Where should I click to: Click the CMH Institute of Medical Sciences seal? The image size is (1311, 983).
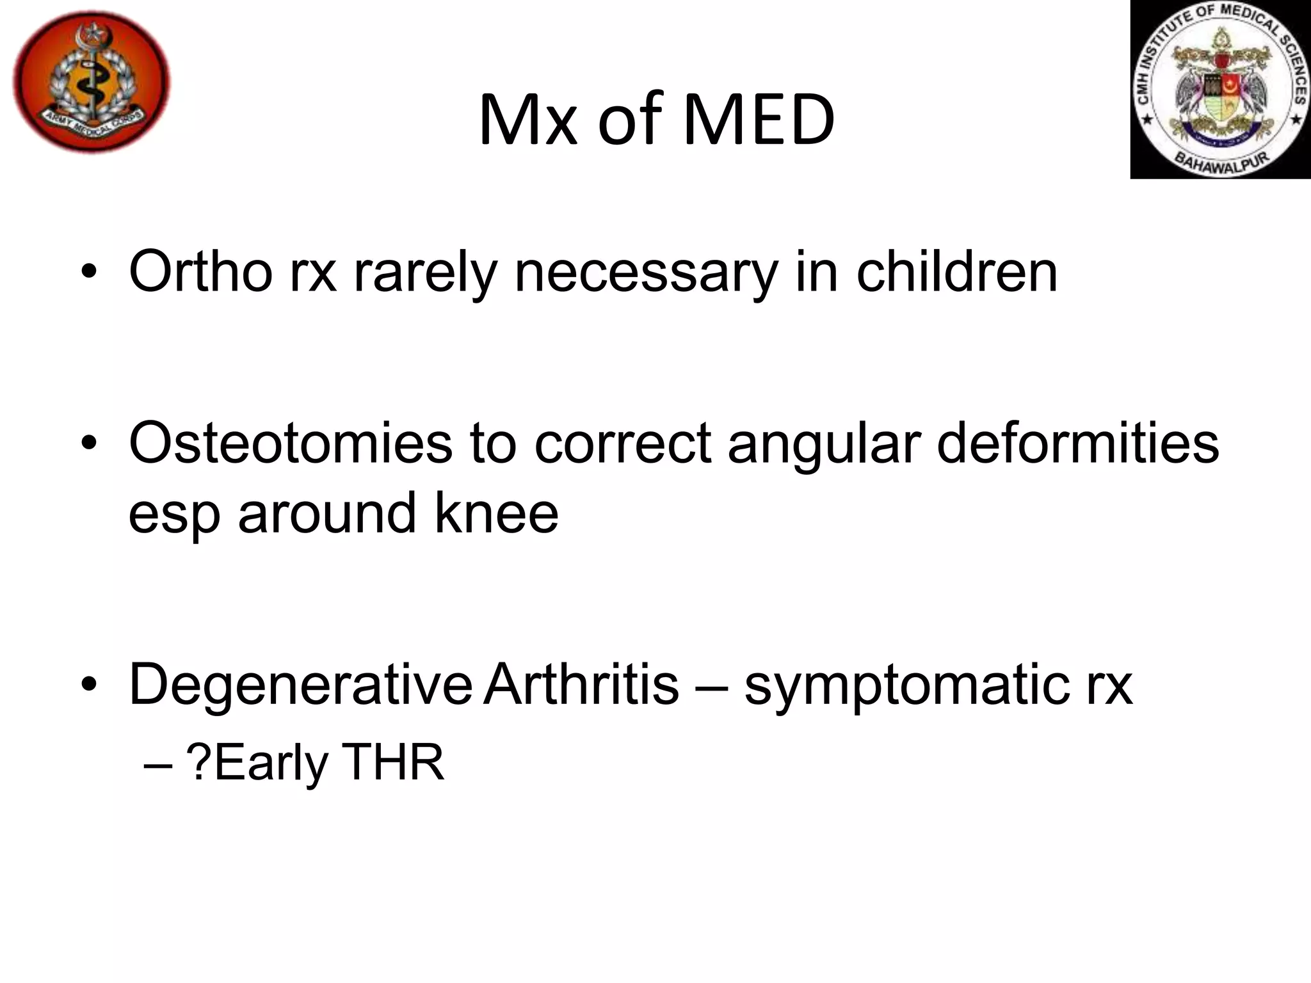click(1221, 89)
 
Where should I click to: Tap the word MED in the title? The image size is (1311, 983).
click(759, 120)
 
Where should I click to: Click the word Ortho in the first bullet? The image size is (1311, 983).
click(200, 272)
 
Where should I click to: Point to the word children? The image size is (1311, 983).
click(956, 272)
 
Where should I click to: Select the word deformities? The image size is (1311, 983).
click(1077, 443)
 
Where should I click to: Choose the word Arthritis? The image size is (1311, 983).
click(581, 683)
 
